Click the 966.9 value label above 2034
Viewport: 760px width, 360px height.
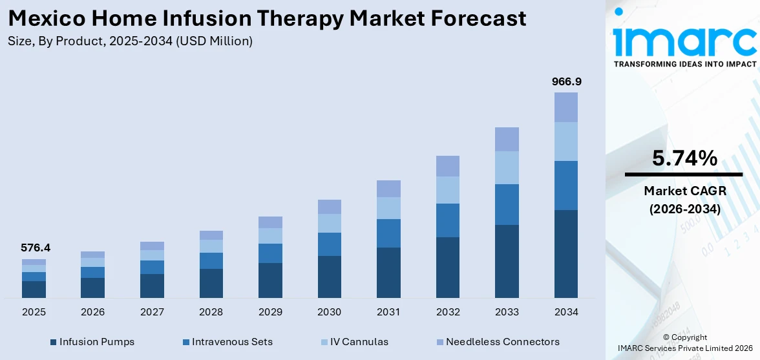click(565, 81)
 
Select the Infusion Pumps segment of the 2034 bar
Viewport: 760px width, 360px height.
click(565, 253)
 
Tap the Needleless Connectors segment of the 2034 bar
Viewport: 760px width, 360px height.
click(565, 107)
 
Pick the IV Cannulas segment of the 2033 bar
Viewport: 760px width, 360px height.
click(507, 167)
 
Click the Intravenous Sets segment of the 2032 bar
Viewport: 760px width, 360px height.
click(447, 220)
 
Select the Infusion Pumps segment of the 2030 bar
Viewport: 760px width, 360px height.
click(329, 277)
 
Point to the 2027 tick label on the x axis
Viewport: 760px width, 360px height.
click(152, 312)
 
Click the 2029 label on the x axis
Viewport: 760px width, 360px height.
click(270, 312)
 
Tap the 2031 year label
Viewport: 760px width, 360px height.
click(388, 312)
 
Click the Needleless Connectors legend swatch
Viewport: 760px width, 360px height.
click(439, 342)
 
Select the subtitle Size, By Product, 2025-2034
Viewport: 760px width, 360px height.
click(129, 41)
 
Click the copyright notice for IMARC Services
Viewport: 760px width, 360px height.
click(684, 343)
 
